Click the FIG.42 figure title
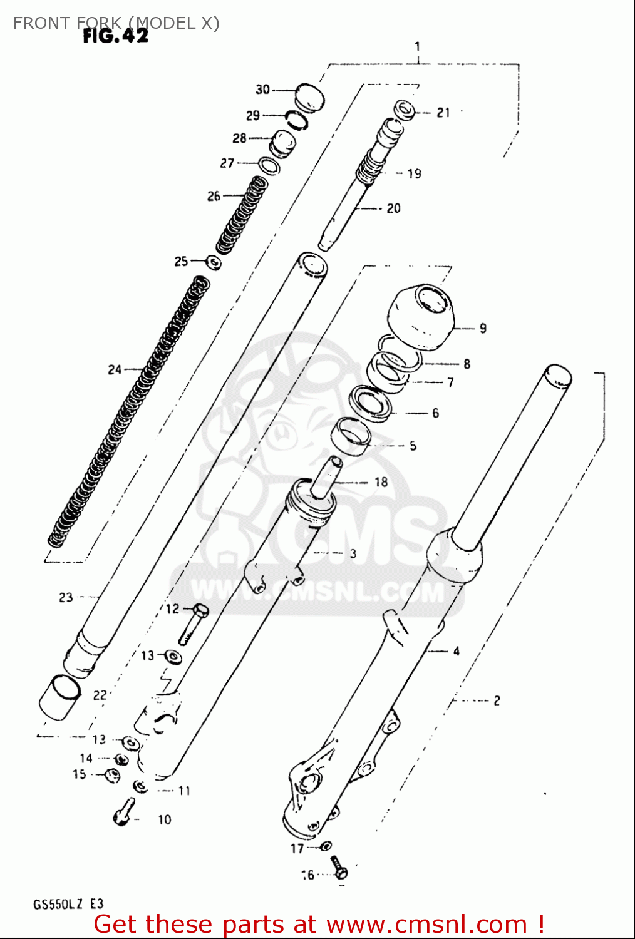[x=116, y=36]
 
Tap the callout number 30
[x=262, y=90]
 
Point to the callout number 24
[x=115, y=370]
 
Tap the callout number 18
[x=381, y=482]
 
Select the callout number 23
[x=66, y=598]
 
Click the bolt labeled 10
[x=124, y=811]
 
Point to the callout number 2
[x=497, y=700]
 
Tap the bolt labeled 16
[x=339, y=867]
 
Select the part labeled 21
[x=405, y=110]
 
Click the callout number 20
[x=393, y=208]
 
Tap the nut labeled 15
[x=111, y=776]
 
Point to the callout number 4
[x=457, y=651]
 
